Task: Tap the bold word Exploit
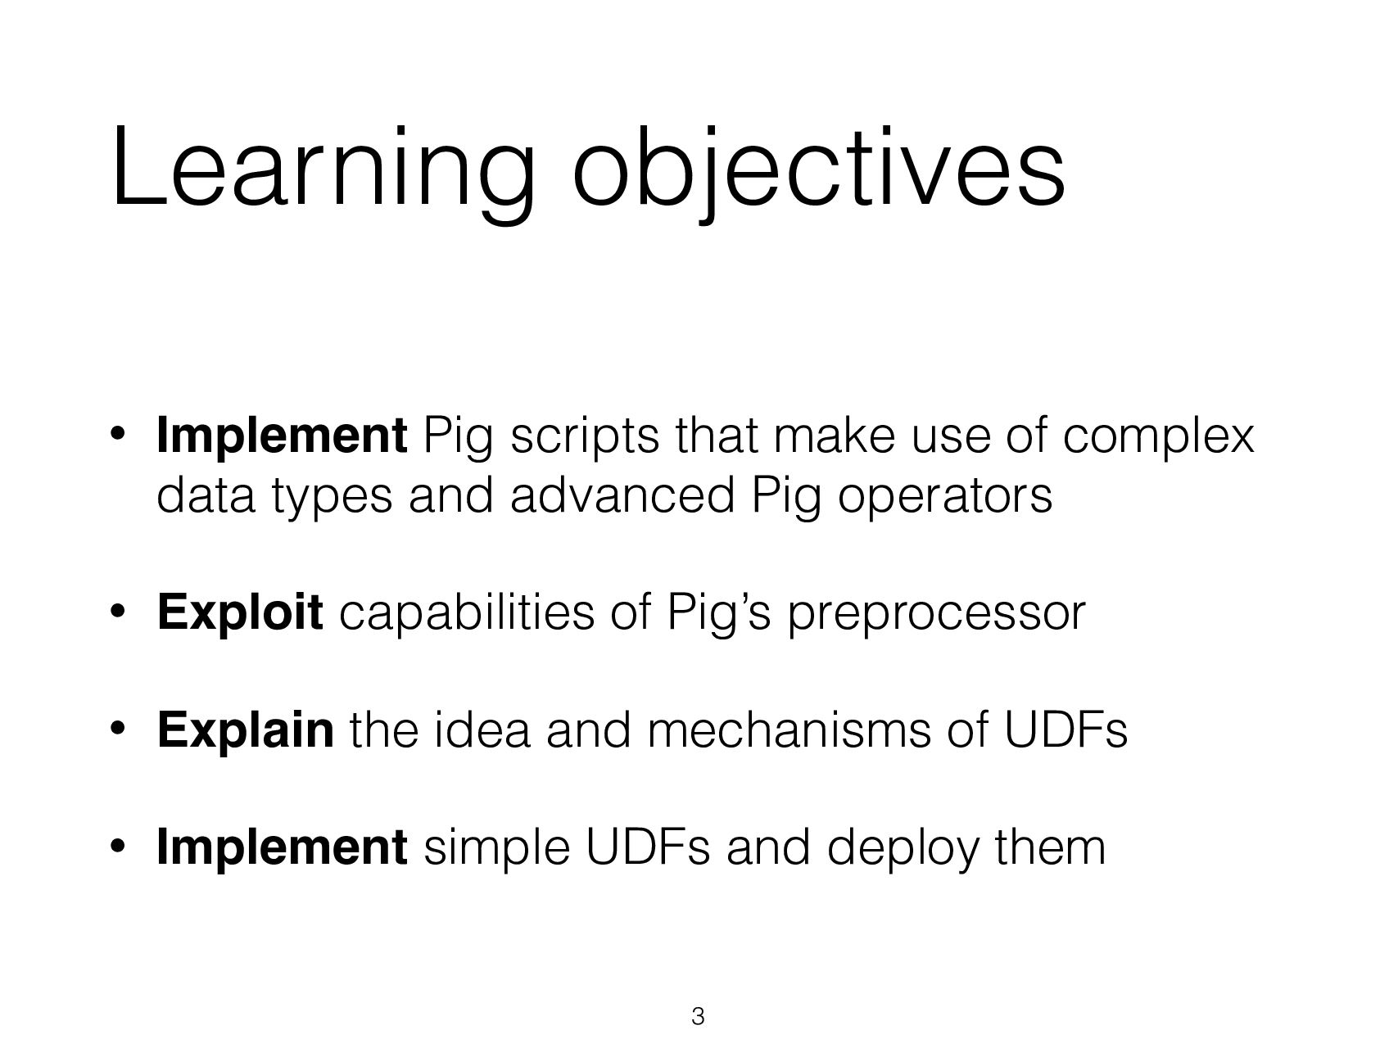pos(239,613)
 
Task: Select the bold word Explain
pos(245,730)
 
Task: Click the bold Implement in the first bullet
pos(281,436)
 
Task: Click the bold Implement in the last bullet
pos(281,847)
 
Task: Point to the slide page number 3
pos(698,1017)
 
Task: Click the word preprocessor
pos(935,615)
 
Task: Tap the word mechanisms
pos(788,730)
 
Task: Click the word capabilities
pos(466,615)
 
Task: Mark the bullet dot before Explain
pos(118,729)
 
